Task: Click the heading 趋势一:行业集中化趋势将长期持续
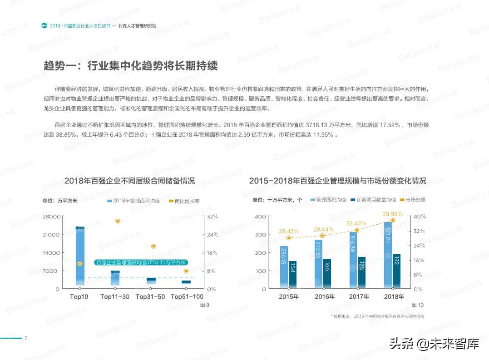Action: click(x=131, y=66)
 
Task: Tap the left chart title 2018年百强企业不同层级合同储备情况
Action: click(x=129, y=181)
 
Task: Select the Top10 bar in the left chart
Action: click(x=80, y=256)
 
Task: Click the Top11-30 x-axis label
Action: click(x=115, y=296)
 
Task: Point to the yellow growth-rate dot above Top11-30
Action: click(x=118, y=221)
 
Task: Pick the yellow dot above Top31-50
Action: click(x=153, y=246)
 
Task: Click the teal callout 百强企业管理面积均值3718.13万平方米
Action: click(x=141, y=262)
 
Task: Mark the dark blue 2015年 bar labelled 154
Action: click(x=292, y=275)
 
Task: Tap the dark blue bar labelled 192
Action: click(x=396, y=271)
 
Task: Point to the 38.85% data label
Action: click(x=392, y=214)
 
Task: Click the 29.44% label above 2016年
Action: click(x=323, y=230)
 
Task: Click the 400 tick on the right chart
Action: click(x=260, y=217)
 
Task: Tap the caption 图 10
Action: click(x=417, y=305)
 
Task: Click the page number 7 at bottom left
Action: click(x=26, y=338)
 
